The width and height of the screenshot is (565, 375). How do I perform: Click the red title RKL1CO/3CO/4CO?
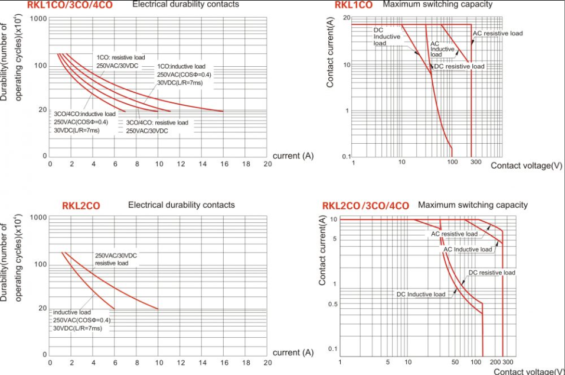70,5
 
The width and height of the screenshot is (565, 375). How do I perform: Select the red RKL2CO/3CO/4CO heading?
365,206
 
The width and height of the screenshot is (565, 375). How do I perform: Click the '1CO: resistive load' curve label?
120,57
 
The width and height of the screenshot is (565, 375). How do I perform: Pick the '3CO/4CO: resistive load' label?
157,122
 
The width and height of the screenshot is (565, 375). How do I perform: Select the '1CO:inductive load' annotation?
181,66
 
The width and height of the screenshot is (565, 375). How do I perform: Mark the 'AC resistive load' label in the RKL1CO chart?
498,33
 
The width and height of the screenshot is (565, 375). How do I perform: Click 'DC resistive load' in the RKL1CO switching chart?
459,66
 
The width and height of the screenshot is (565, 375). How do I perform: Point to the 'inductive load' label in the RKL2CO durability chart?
72,312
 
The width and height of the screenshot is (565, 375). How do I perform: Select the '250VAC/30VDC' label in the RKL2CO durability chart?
116,255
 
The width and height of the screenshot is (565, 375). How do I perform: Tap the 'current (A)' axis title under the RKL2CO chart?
293,353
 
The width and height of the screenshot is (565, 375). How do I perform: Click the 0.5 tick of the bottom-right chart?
331,304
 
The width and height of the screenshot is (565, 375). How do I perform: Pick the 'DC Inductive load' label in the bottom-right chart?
420,294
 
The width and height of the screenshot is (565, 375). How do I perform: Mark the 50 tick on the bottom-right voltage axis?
455,361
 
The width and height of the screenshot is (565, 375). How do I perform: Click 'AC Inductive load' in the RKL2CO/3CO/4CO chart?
468,249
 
